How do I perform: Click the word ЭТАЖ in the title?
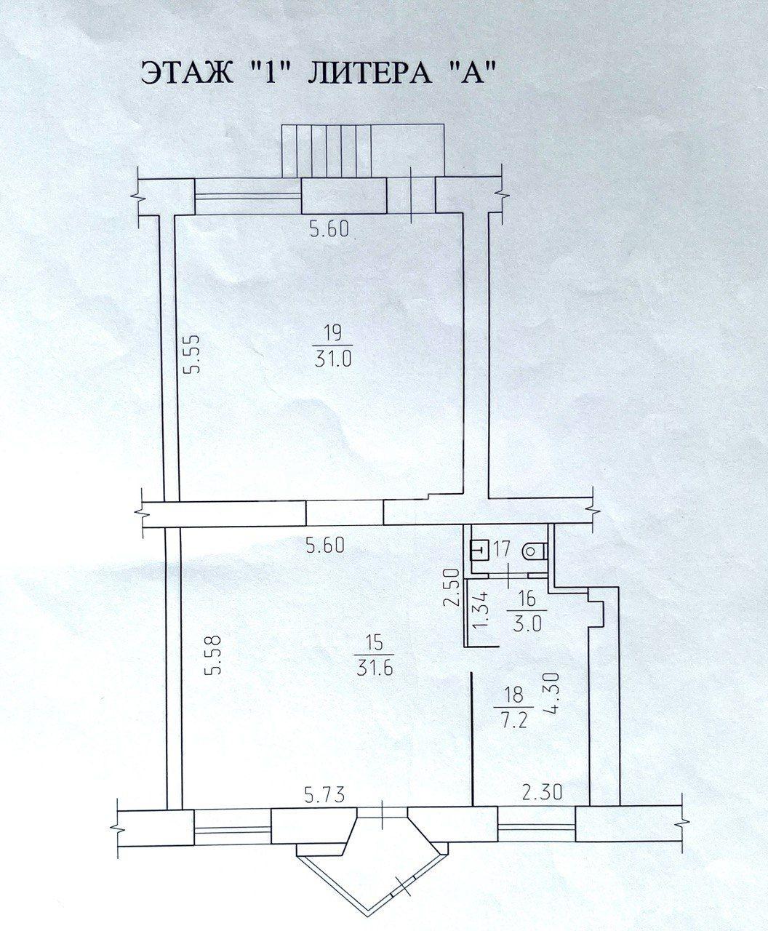click(188, 73)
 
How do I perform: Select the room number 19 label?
click(333, 332)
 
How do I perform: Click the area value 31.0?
click(333, 358)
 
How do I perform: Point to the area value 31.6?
click(375, 668)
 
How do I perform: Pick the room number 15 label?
click(375, 644)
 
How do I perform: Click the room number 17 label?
click(502, 548)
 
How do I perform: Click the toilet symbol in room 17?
click(534, 552)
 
